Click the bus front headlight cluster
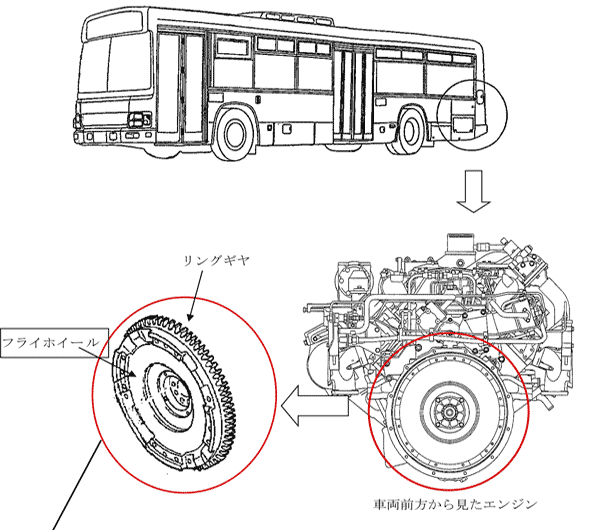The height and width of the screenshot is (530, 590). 134,123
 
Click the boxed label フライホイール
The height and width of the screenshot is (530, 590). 50,341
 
